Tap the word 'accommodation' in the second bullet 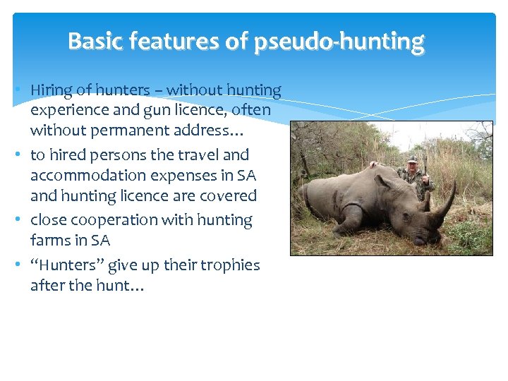pos(80,175)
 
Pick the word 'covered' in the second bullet pos(229,195)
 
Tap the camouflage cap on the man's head pos(413,159)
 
